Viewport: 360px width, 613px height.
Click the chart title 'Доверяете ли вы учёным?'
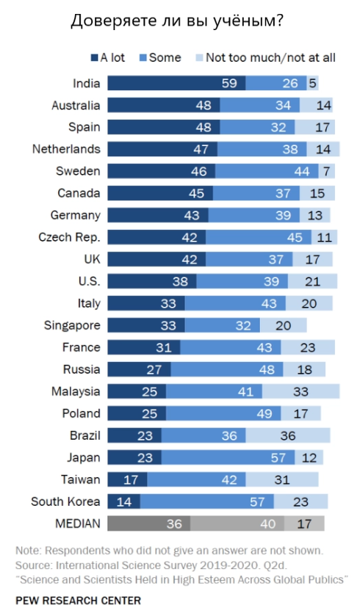pos(176,21)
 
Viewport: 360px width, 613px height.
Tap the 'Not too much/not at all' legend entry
pos(264,57)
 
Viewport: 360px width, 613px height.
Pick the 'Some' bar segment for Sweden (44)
pos(267,171)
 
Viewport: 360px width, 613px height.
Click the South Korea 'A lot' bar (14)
pos(123,501)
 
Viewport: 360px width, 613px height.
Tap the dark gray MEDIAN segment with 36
pos(149,523)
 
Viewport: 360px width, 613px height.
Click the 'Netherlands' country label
pos(66,149)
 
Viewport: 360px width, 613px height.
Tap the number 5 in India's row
pos(312,83)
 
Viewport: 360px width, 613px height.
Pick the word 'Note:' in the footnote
pos(28,550)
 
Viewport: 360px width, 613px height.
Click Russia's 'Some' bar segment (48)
pos(224,369)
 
